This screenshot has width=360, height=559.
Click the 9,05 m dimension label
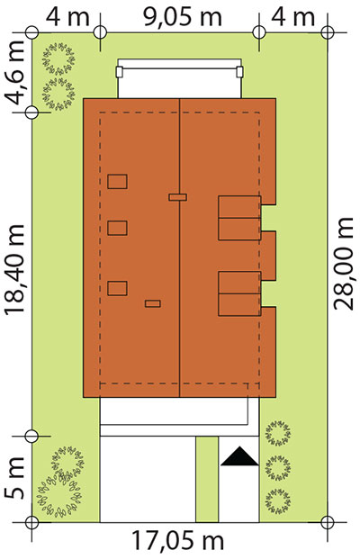point(182,17)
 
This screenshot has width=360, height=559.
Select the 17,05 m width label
point(178,541)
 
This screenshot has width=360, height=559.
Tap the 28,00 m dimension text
point(343,264)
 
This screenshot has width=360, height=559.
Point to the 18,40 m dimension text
point(14,270)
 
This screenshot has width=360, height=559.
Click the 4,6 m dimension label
point(16,73)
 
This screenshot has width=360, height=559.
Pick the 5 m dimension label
point(14,478)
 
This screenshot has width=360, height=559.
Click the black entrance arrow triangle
point(239,456)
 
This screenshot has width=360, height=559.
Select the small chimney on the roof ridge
point(177,197)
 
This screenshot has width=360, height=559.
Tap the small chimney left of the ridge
point(153,303)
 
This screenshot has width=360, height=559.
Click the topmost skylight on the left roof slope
point(117,182)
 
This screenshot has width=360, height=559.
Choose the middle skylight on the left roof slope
point(117,228)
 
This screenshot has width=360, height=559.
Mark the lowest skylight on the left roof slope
point(117,288)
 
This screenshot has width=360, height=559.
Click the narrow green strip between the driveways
point(207,479)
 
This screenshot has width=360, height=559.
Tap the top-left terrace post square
point(120,72)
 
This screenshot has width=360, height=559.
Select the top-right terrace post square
point(240,72)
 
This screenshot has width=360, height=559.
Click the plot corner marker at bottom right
point(328,522)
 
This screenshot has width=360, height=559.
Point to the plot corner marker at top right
point(328,32)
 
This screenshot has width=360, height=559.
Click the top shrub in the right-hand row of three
point(277,434)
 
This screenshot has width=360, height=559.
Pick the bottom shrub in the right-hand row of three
point(277,500)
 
